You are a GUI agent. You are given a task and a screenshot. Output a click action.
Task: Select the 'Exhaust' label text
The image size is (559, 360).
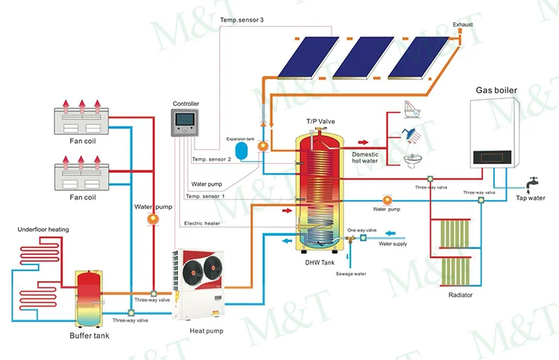click(x=463, y=25)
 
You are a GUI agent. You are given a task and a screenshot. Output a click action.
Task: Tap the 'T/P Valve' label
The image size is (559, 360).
click(x=318, y=121)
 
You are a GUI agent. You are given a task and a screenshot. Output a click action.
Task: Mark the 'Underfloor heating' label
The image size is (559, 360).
click(x=43, y=230)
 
